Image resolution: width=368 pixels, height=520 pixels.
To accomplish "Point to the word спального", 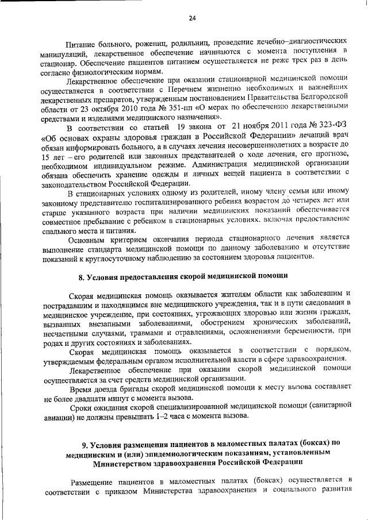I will click(x=61, y=228).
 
